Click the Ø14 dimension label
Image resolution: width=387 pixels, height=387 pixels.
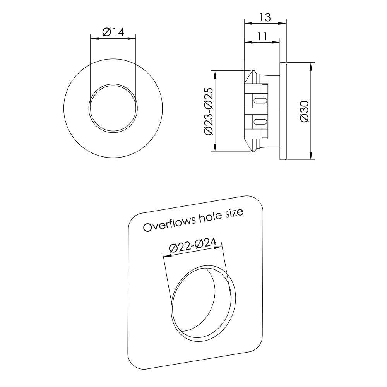coord(113,32)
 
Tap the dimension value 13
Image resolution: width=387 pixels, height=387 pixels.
coord(265,17)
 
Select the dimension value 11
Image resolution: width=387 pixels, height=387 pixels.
coord(262,36)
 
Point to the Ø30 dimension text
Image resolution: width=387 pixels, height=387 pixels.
coord(305,111)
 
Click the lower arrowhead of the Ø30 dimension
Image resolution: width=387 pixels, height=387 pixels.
coord(312,156)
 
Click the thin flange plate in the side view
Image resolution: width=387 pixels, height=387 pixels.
coord(283,111)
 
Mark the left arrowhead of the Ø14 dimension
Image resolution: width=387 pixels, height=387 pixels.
coord(92,38)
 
